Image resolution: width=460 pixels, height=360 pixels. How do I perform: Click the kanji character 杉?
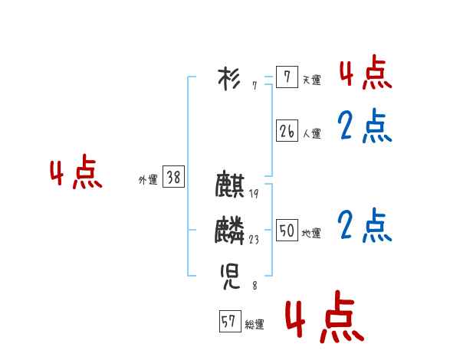coord(229,78)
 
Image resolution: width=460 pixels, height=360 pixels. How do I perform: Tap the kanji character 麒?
coord(230,187)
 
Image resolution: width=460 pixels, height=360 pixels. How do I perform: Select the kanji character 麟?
coord(230,230)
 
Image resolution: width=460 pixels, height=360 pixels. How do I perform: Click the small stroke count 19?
coord(254,194)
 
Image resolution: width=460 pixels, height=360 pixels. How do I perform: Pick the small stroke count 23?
coord(254,239)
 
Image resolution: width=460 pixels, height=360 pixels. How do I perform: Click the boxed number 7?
coord(286,77)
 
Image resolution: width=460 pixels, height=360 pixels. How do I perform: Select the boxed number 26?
coord(286,131)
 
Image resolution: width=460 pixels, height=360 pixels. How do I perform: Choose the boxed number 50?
coord(286,231)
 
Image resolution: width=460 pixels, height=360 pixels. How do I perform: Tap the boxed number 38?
coord(173,178)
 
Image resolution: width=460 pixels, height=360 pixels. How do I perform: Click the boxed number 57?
coord(228,322)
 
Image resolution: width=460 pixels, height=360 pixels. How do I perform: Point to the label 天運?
coord(311,80)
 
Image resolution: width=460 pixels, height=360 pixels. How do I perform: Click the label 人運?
coord(311,134)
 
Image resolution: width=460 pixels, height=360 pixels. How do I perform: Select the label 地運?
coord(311,234)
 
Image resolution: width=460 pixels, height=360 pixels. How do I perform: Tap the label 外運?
coord(147,181)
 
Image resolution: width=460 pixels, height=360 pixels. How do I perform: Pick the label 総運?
coord(255,325)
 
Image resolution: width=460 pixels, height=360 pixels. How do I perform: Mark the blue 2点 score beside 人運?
coord(365,126)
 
